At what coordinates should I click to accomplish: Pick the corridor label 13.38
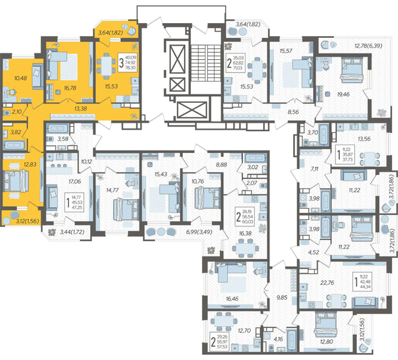[x=82, y=110]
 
